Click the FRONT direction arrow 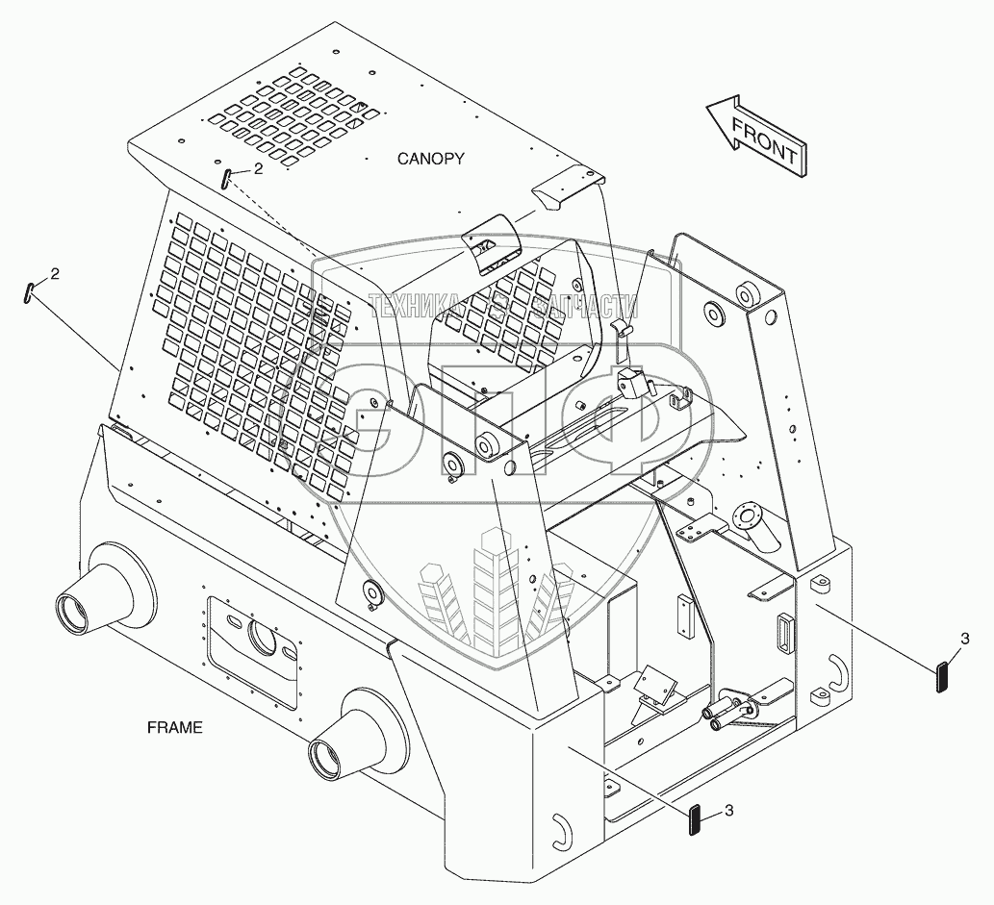[x=753, y=136]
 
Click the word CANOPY [x=431, y=159]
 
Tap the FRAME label [x=175, y=727]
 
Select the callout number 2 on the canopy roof [x=258, y=168]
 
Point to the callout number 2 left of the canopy [x=55, y=274]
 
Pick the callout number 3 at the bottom [x=728, y=811]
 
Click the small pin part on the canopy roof [x=225, y=178]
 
